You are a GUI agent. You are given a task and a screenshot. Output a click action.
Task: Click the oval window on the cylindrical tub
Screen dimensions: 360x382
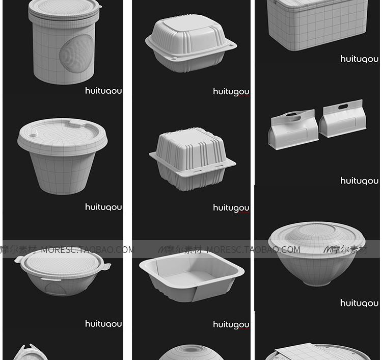[77, 54]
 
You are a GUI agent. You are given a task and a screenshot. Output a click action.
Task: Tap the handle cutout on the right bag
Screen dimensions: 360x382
[343, 107]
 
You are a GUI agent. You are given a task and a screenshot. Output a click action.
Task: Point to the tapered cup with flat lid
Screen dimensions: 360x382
[62, 156]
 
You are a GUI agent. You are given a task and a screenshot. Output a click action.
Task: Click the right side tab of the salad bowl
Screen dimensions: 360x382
[105, 266]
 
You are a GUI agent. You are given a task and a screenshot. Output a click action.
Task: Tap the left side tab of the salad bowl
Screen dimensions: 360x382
[19, 261]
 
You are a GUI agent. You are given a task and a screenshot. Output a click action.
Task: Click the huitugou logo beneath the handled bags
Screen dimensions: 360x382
[359, 181]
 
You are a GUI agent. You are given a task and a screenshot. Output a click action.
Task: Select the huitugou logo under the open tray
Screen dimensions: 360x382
[231, 325]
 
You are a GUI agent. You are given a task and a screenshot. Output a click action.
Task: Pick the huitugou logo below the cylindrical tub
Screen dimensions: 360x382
[103, 91]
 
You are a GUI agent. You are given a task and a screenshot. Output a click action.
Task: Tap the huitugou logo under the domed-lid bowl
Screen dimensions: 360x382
[359, 303]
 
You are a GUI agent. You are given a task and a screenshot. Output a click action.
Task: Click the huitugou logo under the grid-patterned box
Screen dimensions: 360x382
[359, 59]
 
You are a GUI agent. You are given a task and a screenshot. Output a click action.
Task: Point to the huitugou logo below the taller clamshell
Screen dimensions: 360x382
[231, 208]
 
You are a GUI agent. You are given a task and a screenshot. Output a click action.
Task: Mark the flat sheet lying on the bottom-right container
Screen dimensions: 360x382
[301, 352]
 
